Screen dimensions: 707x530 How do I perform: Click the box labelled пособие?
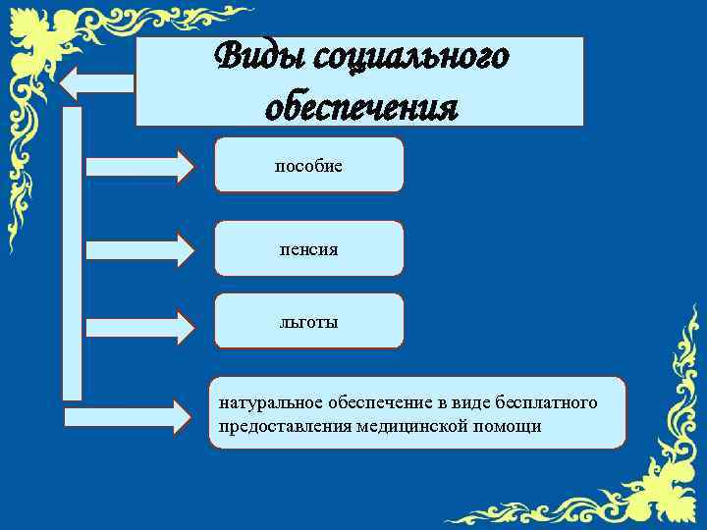[308, 165]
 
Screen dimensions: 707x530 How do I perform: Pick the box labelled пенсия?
[308, 248]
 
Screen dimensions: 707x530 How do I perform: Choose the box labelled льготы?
[308, 321]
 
